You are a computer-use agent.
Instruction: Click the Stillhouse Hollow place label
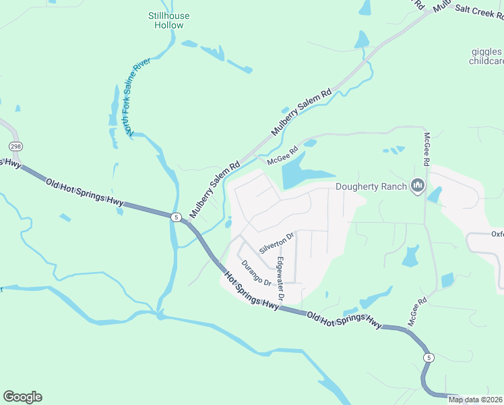[x=168, y=20]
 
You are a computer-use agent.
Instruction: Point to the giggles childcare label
[x=486, y=55]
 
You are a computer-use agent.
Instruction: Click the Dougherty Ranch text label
[x=371, y=187]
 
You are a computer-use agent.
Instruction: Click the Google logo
[x=22, y=397]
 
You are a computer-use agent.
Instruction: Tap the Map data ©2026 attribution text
[x=476, y=400]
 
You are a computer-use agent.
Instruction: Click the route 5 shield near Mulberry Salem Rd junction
[x=176, y=217]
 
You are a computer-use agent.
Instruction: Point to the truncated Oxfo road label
[x=497, y=234]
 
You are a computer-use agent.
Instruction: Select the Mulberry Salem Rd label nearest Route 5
[x=215, y=189]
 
